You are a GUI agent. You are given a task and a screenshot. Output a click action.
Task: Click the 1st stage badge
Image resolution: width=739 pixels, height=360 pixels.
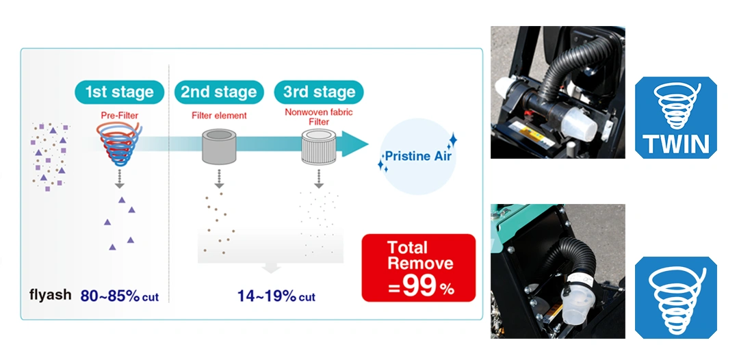click(119, 92)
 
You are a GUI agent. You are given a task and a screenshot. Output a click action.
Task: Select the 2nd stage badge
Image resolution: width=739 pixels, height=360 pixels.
click(219, 92)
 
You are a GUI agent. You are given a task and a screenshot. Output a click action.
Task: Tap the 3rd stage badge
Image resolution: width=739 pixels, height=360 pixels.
click(319, 92)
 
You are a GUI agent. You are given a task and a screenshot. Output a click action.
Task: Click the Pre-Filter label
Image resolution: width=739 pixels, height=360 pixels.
click(119, 114)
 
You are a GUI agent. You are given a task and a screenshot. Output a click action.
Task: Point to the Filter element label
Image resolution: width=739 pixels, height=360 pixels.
click(219, 116)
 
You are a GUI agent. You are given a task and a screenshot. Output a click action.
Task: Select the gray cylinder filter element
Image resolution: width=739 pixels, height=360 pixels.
click(219, 146)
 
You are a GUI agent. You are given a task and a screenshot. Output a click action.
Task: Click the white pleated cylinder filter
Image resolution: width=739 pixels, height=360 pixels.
click(319, 147)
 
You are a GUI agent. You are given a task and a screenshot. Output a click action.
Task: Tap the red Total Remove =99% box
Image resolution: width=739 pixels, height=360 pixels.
click(419, 268)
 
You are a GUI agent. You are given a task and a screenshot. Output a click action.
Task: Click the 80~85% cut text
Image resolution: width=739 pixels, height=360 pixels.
click(120, 296)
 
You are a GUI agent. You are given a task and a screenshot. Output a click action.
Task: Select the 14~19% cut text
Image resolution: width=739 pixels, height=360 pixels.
click(276, 296)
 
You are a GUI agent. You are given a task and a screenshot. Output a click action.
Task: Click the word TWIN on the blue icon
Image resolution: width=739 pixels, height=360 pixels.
click(676, 144)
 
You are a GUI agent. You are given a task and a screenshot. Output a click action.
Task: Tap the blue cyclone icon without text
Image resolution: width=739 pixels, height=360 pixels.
click(676, 297)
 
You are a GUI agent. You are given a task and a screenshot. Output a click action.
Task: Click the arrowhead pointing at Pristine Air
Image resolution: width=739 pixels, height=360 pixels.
click(355, 144)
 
